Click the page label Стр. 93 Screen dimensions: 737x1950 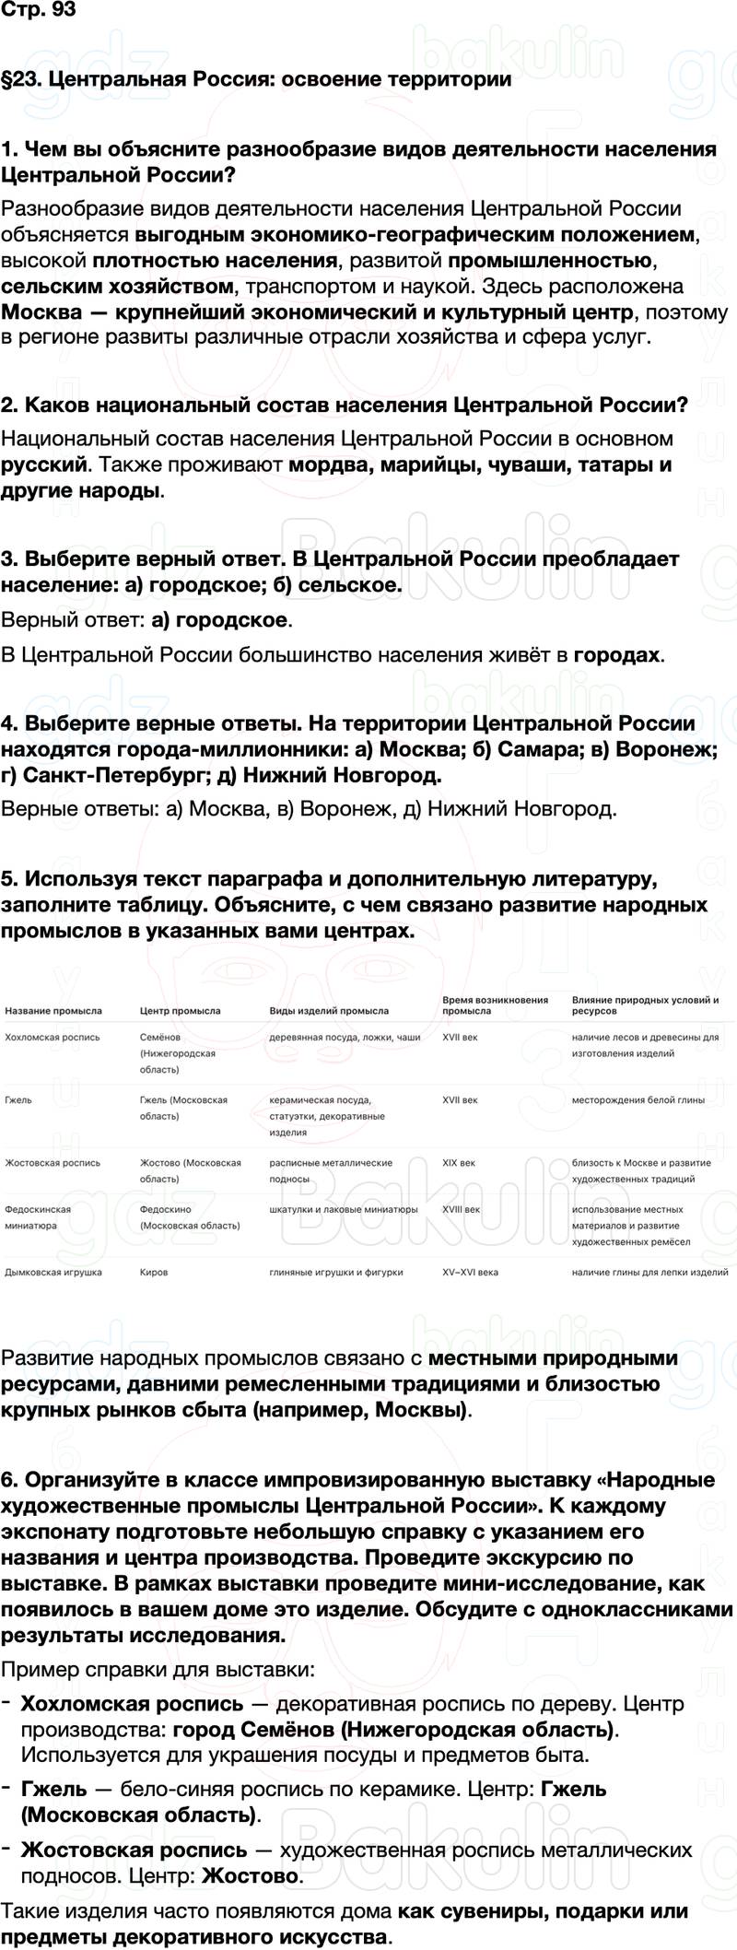tap(38, 12)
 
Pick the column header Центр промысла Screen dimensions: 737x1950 tap(180, 1011)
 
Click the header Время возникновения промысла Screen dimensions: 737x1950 tap(495, 1004)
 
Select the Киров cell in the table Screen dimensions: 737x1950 tap(154, 1272)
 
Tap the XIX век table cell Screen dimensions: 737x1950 tap(459, 1163)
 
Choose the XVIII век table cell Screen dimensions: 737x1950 tap(461, 1209)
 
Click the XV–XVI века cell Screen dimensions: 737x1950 tap(470, 1272)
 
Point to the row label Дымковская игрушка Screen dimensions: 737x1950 tap(53, 1272)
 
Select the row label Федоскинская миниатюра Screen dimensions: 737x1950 tap(38, 1217)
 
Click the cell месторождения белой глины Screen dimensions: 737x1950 tap(638, 1099)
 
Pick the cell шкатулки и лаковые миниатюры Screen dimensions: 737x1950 tap(343, 1209)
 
